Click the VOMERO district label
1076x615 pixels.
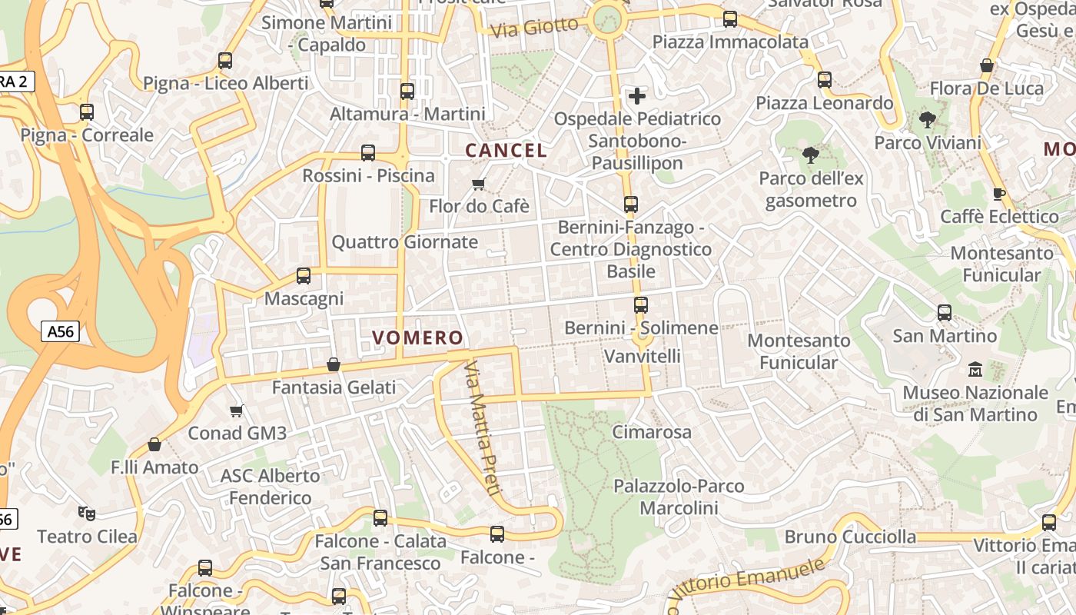(418, 337)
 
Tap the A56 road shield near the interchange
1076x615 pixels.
(60, 331)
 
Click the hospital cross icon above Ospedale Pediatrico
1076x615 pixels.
(636, 96)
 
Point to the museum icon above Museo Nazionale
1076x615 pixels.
(975, 370)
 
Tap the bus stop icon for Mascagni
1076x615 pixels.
(304, 275)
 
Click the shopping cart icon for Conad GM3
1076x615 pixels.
(237, 411)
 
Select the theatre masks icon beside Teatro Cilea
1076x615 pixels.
(87, 513)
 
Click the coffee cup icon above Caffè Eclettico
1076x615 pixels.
(999, 194)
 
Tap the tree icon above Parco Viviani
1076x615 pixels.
(928, 120)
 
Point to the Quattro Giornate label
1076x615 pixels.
(404, 242)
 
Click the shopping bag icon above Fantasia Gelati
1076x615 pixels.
(334, 364)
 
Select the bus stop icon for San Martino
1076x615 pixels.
(945, 313)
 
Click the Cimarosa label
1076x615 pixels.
(652, 432)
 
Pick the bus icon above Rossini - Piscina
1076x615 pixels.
(368, 153)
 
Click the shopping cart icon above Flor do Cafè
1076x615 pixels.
(479, 184)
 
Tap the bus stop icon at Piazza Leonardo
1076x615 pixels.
(825, 79)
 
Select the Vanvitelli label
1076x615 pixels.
(643, 356)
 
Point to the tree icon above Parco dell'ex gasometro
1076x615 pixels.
(811, 155)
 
